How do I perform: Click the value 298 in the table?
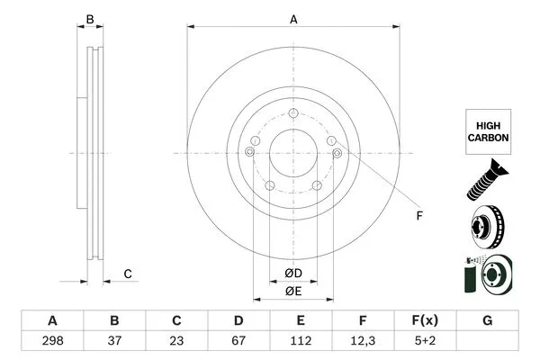pos(52,341)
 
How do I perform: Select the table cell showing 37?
pos(114,341)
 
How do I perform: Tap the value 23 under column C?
pos(176,341)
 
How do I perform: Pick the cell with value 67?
pos(238,341)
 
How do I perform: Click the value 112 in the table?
pos(301,341)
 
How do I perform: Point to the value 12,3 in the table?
pos(363,341)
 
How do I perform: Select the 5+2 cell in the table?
pos(425,341)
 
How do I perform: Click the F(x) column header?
pos(425,320)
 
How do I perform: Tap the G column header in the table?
pos(487,320)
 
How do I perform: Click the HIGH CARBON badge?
pos(487,132)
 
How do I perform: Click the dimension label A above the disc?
pos(293,19)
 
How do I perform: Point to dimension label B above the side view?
pos(89,19)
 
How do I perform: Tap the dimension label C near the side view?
pos(129,274)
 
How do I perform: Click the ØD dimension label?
pos(293,273)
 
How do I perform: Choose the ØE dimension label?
pos(293,290)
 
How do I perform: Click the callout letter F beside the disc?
pos(419,215)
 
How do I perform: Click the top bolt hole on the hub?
pos(293,112)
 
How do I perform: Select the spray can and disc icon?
pos(486,274)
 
